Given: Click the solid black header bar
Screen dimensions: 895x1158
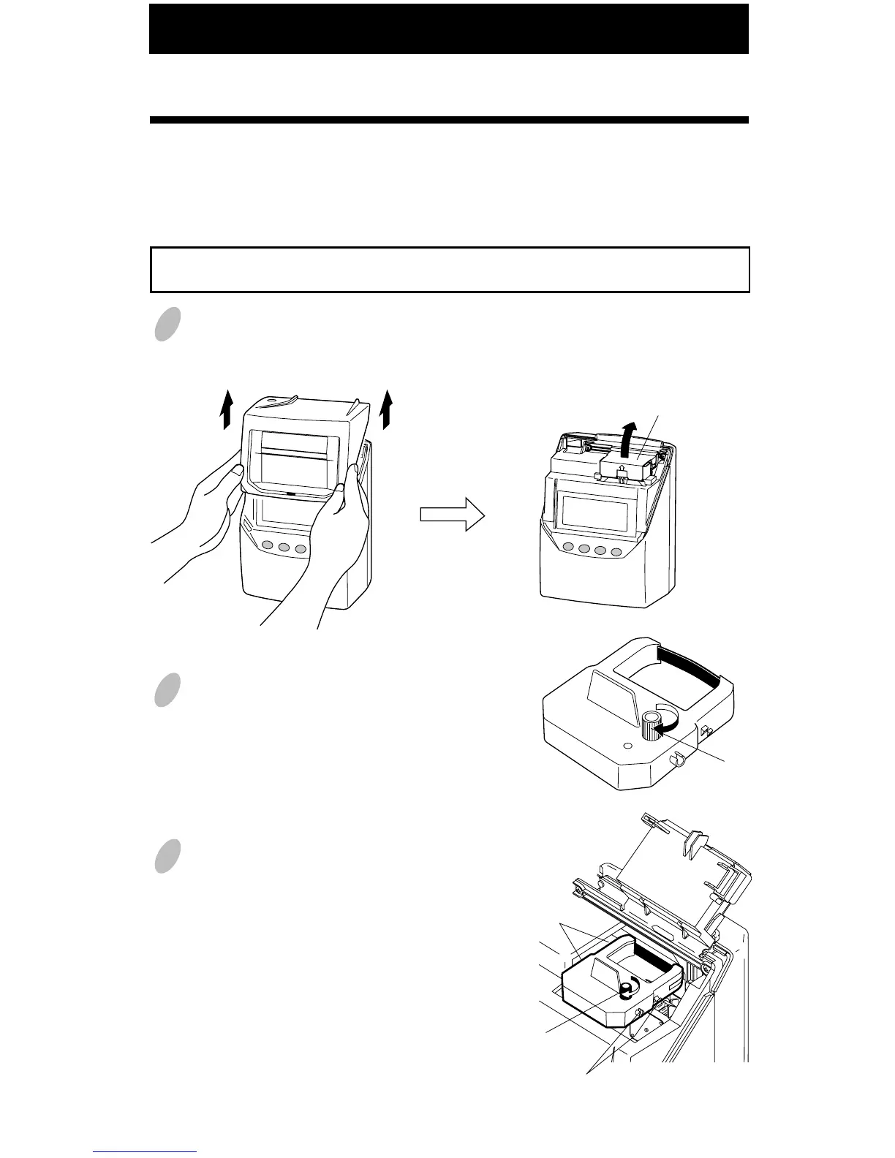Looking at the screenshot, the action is click(448, 29).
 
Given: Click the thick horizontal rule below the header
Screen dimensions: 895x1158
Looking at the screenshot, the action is click(448, 120).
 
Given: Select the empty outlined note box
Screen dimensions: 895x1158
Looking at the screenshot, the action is click(450, 270).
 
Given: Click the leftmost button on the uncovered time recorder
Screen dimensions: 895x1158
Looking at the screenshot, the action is click(567, 549).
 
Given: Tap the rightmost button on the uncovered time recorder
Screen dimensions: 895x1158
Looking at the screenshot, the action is click(616, 553).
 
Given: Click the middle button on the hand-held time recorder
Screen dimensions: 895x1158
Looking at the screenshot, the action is click(284, 547).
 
